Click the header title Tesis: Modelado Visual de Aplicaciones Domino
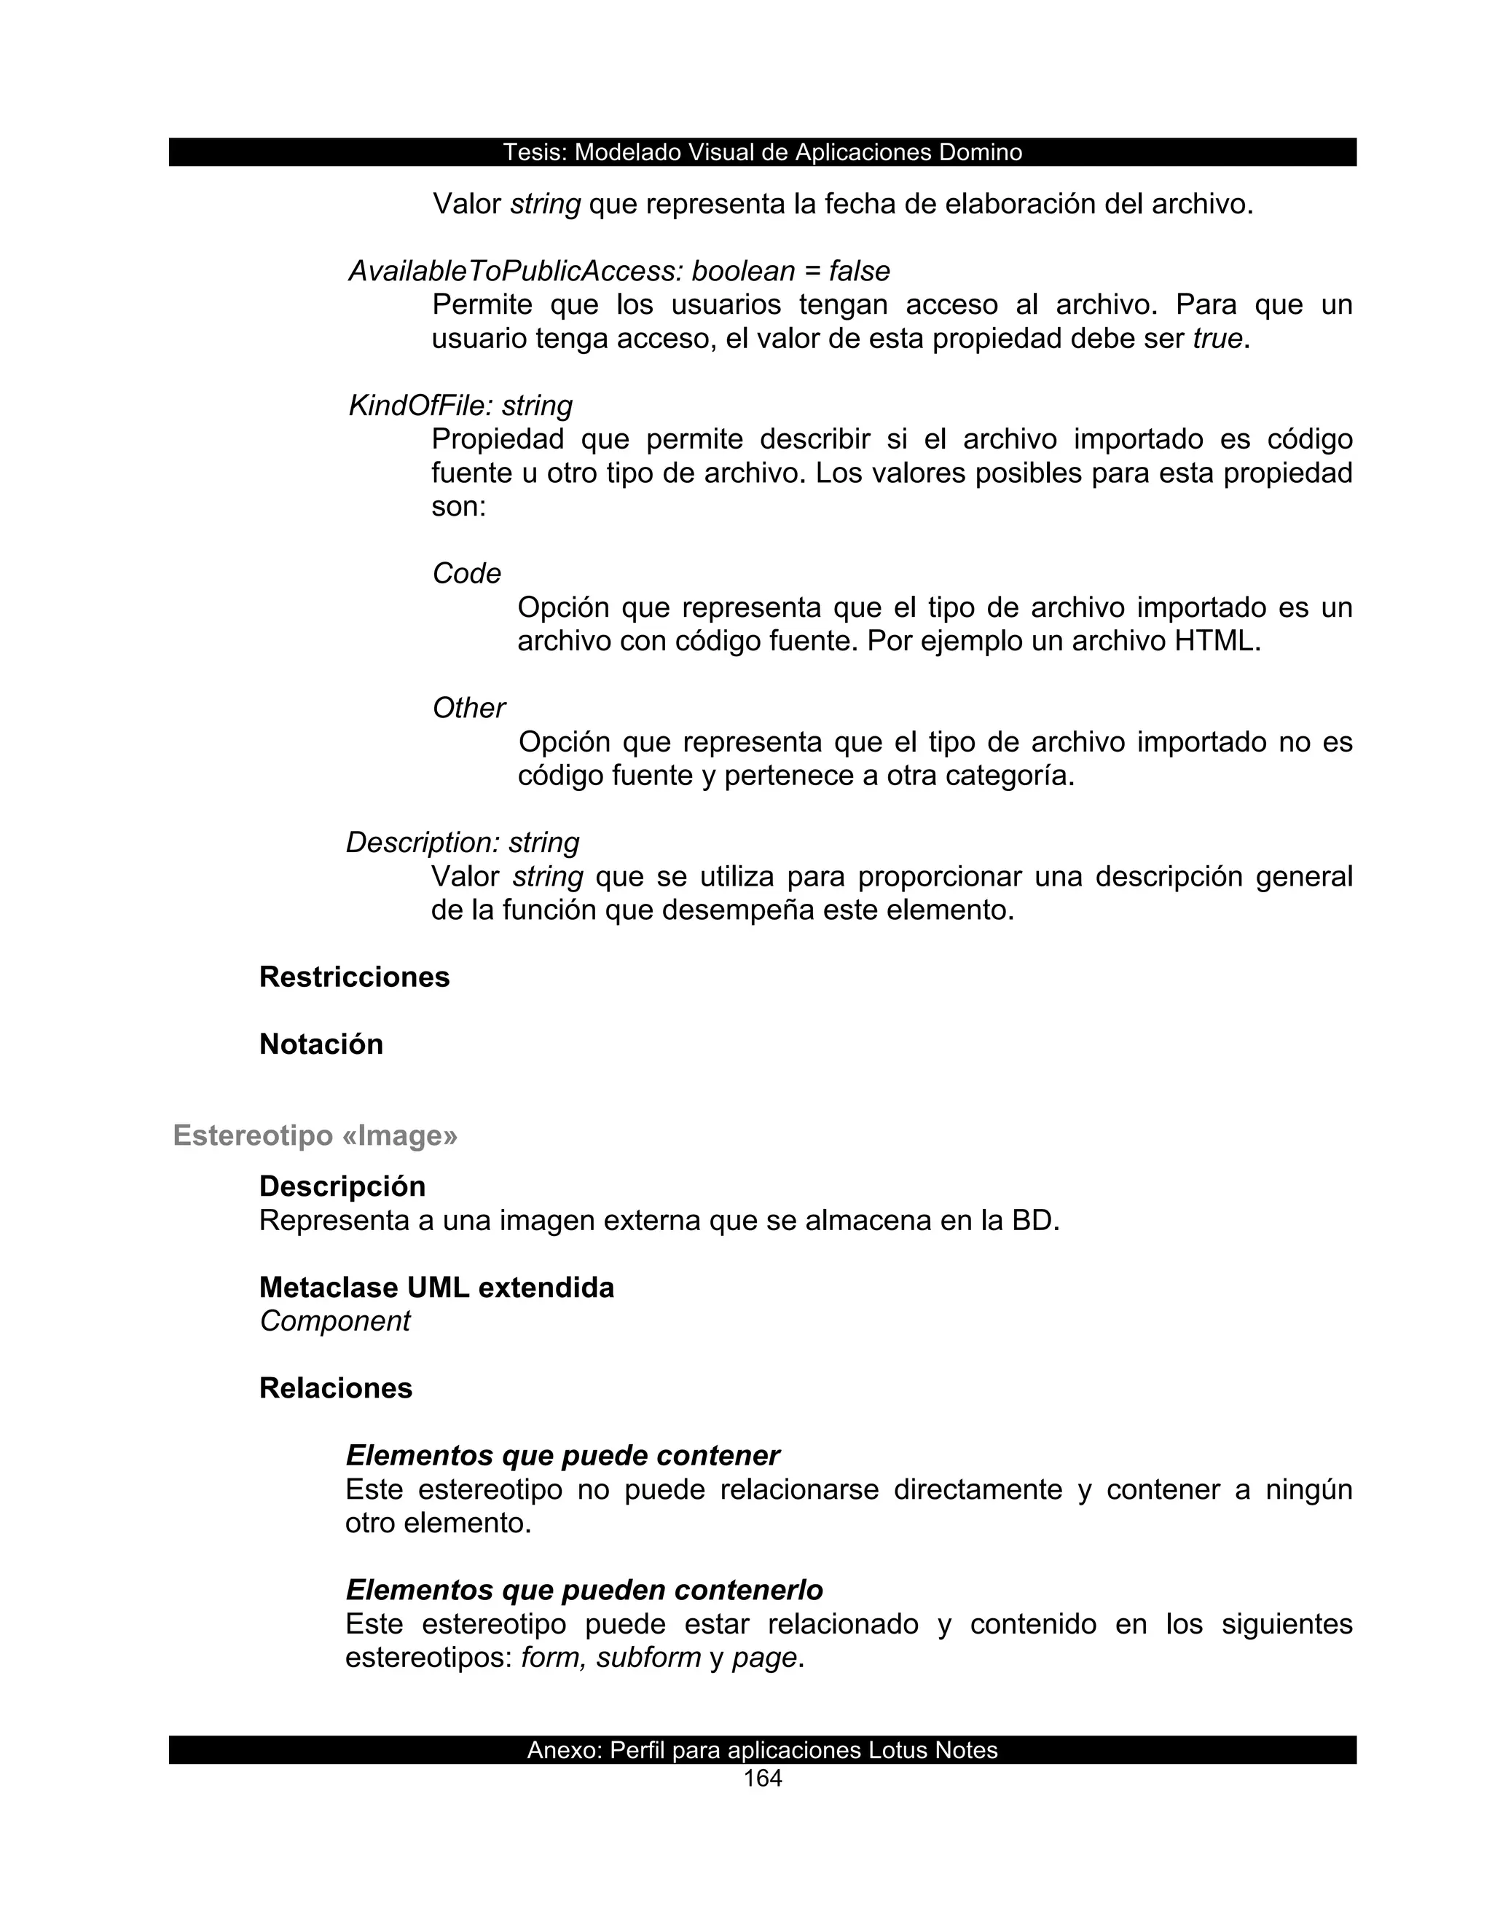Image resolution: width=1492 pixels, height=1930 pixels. click(x=762, y=152)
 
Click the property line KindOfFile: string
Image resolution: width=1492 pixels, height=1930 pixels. click(x=460, y=406)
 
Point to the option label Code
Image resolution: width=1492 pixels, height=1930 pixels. click(x=467, y=573)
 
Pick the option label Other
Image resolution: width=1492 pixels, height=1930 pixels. click(x=468, y=708)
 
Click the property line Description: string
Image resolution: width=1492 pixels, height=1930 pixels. click(x=463, y=842)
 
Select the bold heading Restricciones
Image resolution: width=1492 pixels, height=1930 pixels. click(x=355, y=977)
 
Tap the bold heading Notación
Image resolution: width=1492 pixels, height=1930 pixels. click(x=321, y=1044)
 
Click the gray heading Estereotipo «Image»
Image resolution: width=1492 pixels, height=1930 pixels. click(x=315, y=1135)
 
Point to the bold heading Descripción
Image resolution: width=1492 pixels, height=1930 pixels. click(x=342, y=1186)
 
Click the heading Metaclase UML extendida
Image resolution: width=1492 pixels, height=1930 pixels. click(x=436, y=1288)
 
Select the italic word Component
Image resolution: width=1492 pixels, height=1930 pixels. click(x=335, y=1321)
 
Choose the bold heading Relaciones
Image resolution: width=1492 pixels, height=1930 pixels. click(x=336, y=1388)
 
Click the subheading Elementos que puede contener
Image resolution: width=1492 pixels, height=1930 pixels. click(x=562, y=1455)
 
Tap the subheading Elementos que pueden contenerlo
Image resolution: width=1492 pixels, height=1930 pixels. click(x=584, y=1590)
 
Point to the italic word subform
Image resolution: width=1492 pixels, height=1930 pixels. click(x=648, y=1657)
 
